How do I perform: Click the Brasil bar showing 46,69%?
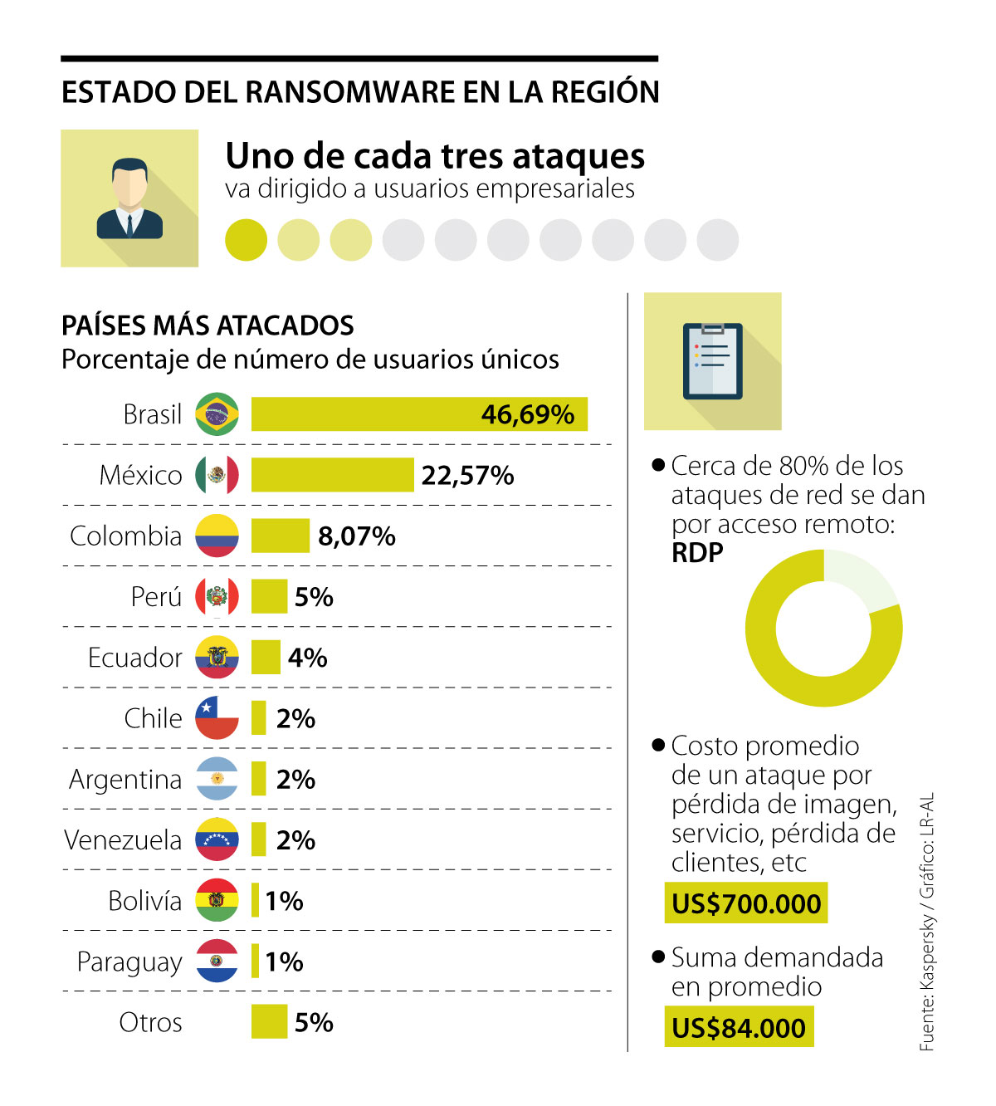pos(419,414)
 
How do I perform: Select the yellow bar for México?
pos(332,475)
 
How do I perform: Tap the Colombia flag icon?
pos(217,536)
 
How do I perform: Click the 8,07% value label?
pos(357,536)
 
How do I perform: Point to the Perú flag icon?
pos(217,596)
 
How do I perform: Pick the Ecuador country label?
pos(134,658)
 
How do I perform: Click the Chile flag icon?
pos(217,718)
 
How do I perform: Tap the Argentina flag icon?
pos(217,779)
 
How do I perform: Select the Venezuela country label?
pos(123,840)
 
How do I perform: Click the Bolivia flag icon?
pos(217,900)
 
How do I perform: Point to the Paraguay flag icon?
pos(217,961)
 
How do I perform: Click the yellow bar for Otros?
pos(269,1021)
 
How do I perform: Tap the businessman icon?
pos(129,198)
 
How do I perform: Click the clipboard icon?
pos(712,361)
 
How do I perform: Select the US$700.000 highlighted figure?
pos(746,903)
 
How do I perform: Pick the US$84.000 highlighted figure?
pos(739,1028)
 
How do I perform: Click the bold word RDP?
pos(697,553)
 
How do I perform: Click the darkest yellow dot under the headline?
pos(246,240)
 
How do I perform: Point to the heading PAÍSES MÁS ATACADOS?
pos(207,325)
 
